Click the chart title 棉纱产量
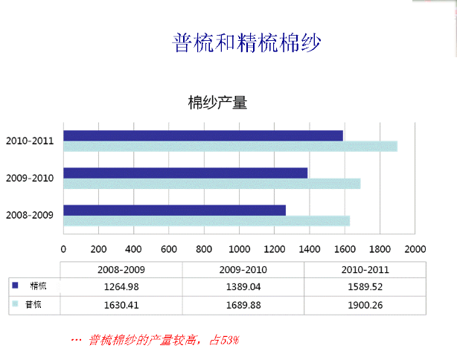click(217, 103)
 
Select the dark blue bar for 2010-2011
click(203, 135)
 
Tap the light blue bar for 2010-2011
click(230, 147)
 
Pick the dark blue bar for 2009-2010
click(185, 173)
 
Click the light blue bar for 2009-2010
click(211, 184)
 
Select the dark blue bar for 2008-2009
click(174, 210)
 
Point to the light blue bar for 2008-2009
click(206, 221)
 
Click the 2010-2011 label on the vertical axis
click(30, 141)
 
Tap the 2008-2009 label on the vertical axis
click(30, 215)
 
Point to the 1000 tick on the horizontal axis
click(239, 249)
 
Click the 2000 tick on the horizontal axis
click(415, 249)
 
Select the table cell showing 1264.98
click(121, 286)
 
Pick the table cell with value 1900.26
click(365, 304)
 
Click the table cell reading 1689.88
click(243, 304)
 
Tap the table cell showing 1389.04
click(243, 286)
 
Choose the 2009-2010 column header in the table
click(243, 269)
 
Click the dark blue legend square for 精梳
click(15, 285)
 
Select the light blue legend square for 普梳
click(15, 303)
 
